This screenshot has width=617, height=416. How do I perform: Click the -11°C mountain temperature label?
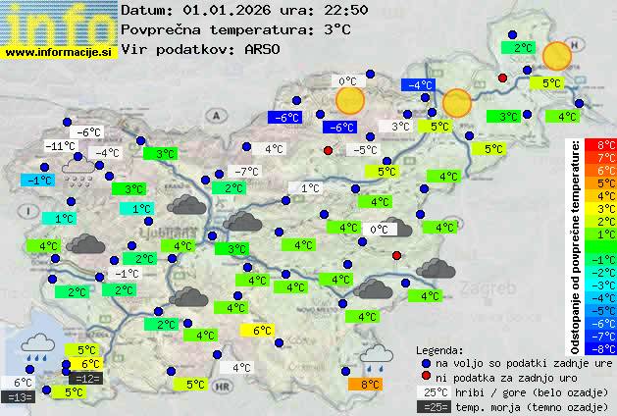[60, 146]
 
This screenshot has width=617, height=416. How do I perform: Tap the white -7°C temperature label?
[246, 172]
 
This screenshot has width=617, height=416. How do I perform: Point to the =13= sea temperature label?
[19, 397]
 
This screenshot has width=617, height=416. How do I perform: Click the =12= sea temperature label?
[85, 379]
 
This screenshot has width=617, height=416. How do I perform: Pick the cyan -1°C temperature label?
[37, 181]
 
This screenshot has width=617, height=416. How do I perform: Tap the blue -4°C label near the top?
[419, 85]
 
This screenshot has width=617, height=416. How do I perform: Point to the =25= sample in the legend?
[432, 406]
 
